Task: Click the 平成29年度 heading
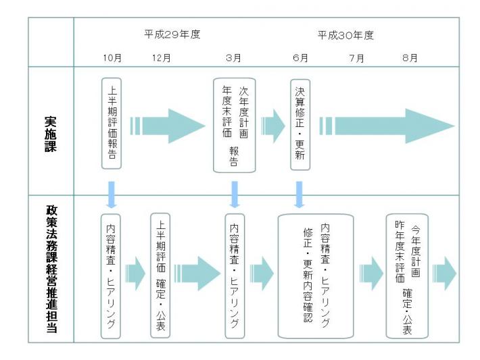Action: [172, 34]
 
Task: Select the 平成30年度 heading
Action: [345, 35]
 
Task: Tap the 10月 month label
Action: [112, 58]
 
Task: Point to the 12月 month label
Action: [162, 58]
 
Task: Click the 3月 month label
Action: [233, 58]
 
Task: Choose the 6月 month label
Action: [300, 58]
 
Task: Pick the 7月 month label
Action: [357, 58]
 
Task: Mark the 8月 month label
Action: [410, 58]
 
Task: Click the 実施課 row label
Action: [51, 134]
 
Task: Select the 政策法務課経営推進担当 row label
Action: [51, 269]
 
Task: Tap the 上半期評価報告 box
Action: [112, 124]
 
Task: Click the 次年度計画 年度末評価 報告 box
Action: [235, 125]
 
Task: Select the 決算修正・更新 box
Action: [300, 124]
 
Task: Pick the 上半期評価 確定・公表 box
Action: [160, 276]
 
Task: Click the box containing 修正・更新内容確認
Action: [316, 276]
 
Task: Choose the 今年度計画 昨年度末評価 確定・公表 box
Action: [407, 276]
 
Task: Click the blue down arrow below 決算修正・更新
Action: [299, 195]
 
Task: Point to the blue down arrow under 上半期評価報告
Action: [112, 195]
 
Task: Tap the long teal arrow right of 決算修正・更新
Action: [387, 126]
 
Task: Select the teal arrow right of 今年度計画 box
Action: [444, 274]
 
